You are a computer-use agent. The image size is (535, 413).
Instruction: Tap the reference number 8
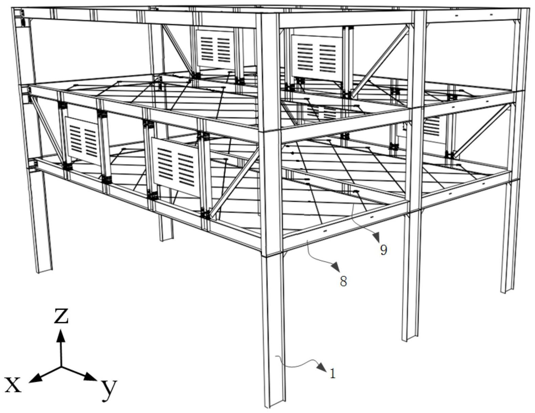pos(343,281)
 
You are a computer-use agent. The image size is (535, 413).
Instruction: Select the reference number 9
pos(383,250)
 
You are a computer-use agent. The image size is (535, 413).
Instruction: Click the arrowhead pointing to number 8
pos(336,267)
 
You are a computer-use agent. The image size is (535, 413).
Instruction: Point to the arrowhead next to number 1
pos(321,367)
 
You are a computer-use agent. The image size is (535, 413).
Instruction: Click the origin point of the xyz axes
pos(61,367)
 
